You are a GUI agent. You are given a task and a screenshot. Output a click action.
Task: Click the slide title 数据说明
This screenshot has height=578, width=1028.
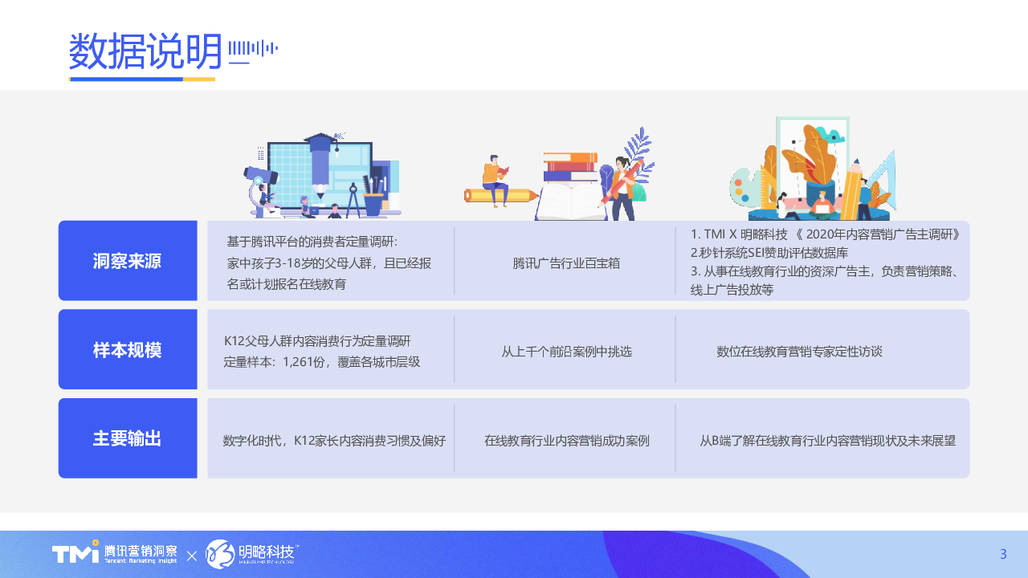coord(145,51)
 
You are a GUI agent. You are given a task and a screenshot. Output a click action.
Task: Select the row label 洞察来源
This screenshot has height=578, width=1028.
coord(127,261)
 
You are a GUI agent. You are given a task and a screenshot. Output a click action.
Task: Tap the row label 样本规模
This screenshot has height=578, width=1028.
coord(127,350)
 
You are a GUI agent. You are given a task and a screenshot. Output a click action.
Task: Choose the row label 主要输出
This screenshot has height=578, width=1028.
coord(127,438)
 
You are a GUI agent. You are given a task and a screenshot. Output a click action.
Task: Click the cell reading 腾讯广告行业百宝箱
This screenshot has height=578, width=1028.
coord(566,263)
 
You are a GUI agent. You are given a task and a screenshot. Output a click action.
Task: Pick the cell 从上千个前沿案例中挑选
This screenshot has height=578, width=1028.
coord(566,352)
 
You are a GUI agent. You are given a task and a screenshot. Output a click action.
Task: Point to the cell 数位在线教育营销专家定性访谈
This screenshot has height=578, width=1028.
coord(799,352)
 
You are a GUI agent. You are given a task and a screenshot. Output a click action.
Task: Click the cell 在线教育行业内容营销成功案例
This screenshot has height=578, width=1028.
coord(566,441)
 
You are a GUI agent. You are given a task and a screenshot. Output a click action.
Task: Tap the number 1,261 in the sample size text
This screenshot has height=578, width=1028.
coord(298,362)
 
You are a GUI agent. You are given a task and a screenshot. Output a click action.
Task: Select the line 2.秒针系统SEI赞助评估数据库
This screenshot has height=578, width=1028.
coord(769,253)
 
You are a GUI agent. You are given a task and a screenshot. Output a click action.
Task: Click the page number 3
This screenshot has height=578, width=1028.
coord(1003,554)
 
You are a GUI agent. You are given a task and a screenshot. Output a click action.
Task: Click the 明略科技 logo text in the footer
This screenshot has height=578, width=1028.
coord(266,552)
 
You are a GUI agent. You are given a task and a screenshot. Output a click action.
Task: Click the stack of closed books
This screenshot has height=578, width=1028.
coord(570,166)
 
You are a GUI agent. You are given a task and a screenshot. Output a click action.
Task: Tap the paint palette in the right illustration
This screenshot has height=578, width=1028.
coord(744,187)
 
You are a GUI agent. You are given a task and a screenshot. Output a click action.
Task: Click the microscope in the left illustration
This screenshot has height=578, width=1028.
coord(260,191)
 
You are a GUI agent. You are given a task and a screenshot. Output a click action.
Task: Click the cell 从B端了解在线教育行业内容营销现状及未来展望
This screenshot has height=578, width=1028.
coord(827,441)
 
